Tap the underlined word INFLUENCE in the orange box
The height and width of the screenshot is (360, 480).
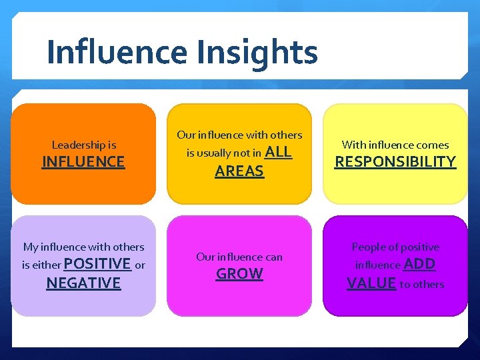pos(83,161)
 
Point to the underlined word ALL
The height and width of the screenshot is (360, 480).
pos(279,151)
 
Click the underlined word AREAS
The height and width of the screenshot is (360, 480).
pos(239,171)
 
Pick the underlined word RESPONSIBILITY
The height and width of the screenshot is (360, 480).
pos(395,161)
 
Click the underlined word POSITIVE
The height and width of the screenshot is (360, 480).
pos(97,263)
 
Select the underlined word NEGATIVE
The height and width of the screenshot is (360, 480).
pos(83,283)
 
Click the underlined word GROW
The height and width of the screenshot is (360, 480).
pos(239,273)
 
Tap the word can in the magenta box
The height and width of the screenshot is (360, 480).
pos(273,257)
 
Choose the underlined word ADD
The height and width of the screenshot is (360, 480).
pos(419,264)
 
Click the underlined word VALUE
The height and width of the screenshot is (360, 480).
pos(371,283)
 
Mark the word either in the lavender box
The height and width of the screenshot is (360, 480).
pos(46,265)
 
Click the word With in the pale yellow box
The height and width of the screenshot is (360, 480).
pos(353,145)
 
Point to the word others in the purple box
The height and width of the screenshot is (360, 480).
pos(428,285)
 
